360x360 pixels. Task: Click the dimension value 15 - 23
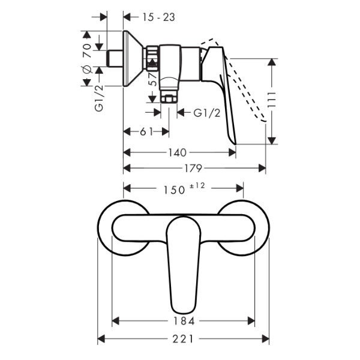click(158, 17)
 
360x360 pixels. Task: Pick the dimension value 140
click(178, 152)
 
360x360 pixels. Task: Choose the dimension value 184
click(184, 321)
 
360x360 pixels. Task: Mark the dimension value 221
click(184, 339)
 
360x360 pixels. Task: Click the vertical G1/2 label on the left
click(98, 98)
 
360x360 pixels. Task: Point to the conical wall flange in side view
click(133, 60)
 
